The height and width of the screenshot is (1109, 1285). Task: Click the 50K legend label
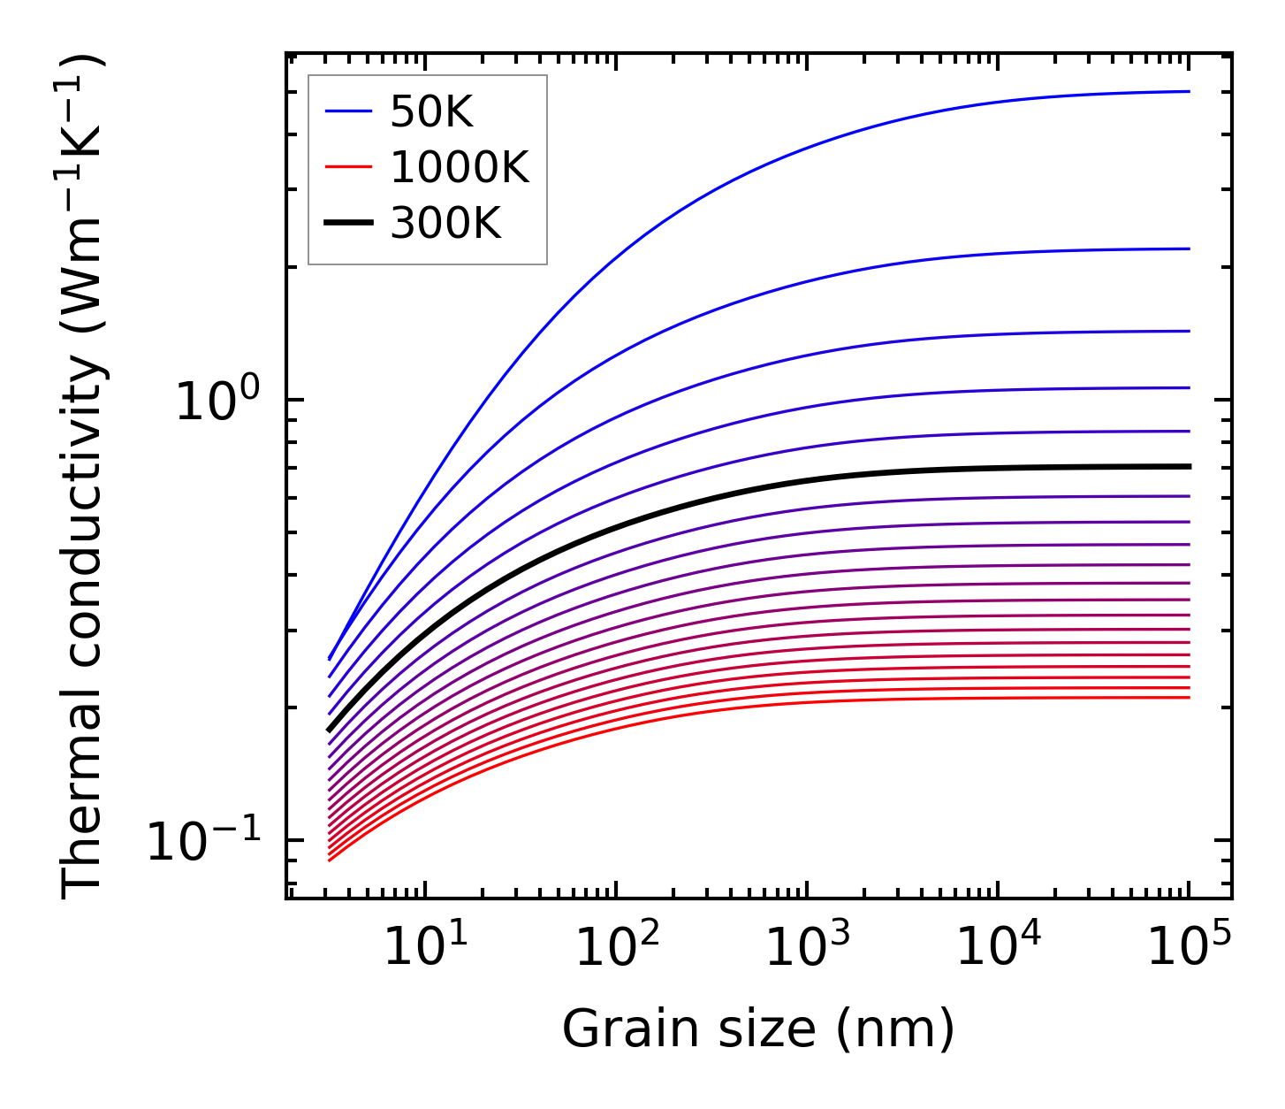pos(432,112)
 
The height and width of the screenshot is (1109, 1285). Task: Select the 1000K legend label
pos(460,168)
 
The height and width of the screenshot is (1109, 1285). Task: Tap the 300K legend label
pos(445,224)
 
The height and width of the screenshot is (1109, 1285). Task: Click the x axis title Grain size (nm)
pos(758,1029)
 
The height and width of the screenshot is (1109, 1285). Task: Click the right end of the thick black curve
pos(1190,466)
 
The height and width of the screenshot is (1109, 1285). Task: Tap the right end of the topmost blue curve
pos(1190,91)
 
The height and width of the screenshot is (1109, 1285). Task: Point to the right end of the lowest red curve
pos(1190,698)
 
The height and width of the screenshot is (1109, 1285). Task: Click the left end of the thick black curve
pos(329,730)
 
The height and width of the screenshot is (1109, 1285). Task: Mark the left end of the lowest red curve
pos(329,860)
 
